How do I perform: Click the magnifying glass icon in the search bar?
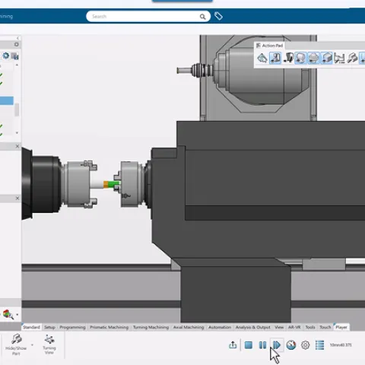click(x=203, y=16)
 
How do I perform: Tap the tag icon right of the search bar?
click(x=219, y=16)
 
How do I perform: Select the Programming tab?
click(x=72, y=327)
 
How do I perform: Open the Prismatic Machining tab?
click(x=109, y=327)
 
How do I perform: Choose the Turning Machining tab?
click(x=151, y=327)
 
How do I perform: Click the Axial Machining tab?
click(x=189, y=327)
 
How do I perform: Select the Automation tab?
click(x=219, y=327)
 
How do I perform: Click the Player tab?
click(x=341, y=327)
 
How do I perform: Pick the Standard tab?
click(x=31, y=327)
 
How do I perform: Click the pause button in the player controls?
click(x=262, y=345)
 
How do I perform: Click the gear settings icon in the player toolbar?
click(x=305, y=345)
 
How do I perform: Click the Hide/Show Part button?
click(x=16, y=344)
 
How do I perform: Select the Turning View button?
click(x=49, y=344)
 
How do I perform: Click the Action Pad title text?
click(x=273, y=46)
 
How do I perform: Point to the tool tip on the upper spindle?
click(x=179, y=71)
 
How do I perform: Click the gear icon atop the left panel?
click(x=17, y=44)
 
